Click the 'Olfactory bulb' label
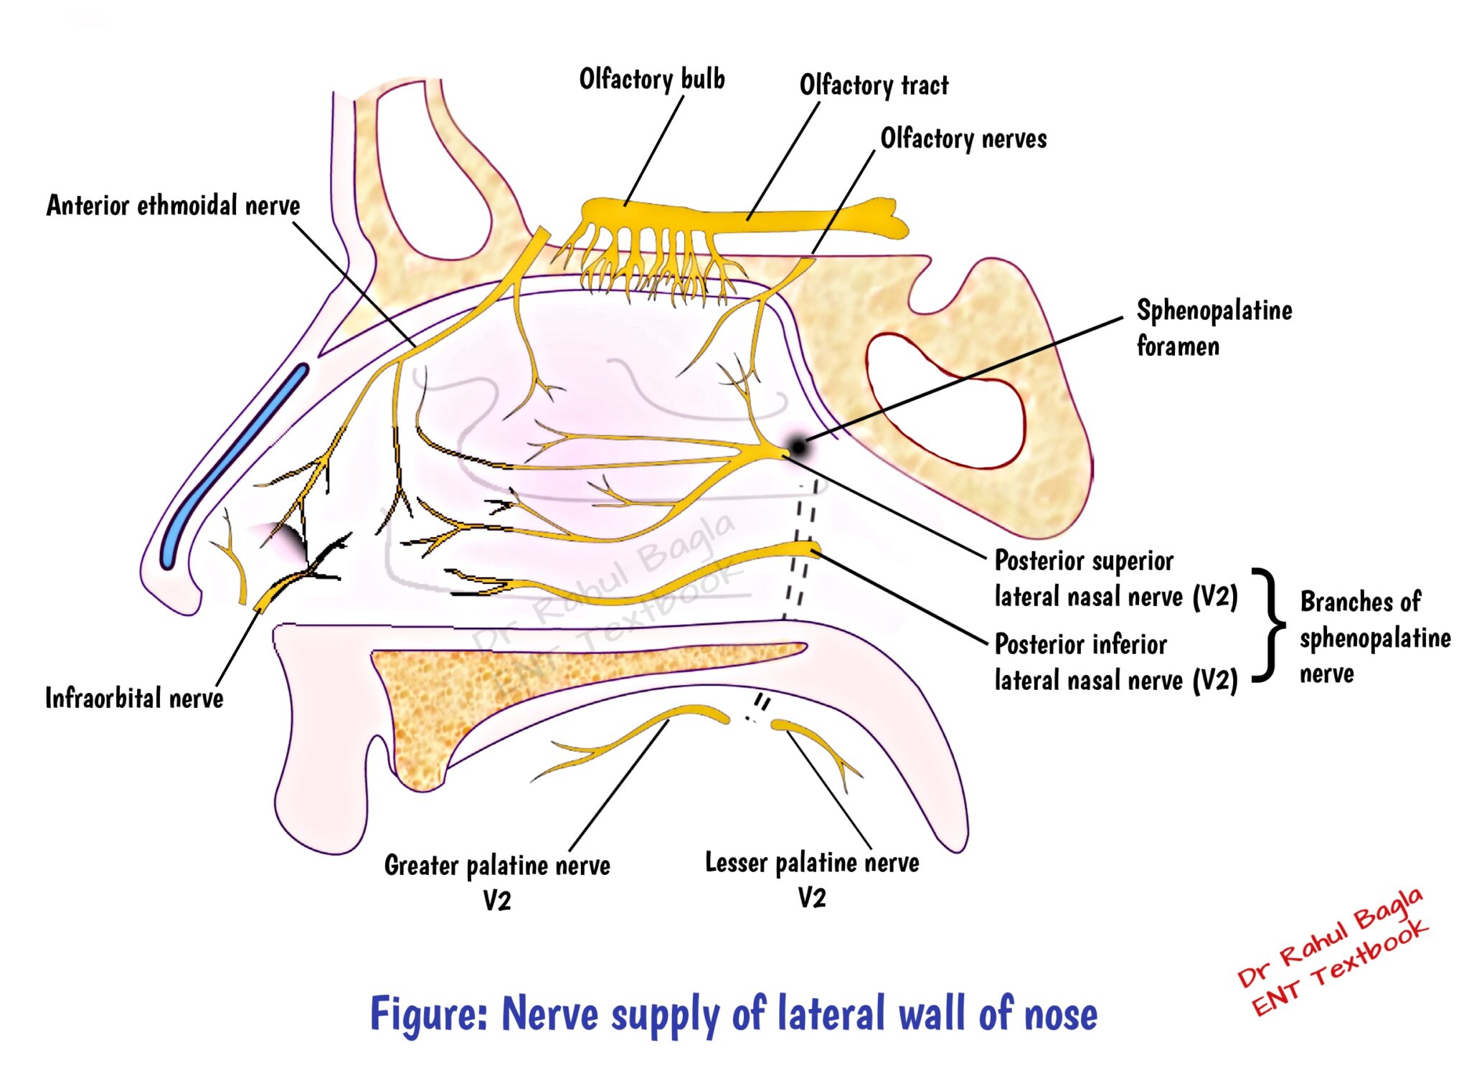click(x=651, y=80)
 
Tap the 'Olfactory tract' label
click(x=873, y=85)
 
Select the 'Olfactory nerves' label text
click(x=963, y=138)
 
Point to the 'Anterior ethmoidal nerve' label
click(x=173, y=206)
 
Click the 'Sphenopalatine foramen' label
click(x=1213, y=328)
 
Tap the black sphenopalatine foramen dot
click(x=797, y=448)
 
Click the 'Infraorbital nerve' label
click(x=134, y=698)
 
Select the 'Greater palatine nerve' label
click(x=496, y=865)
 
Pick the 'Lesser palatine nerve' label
click(x=811, y=862)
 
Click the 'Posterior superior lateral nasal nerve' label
click(x=1115, y=579)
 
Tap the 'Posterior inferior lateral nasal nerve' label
click(x=1115, y=662)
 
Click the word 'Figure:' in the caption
click(x=428, y=1014)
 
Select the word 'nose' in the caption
click(x=1060, y=1014)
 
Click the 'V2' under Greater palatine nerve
click(x=496, y=901)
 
